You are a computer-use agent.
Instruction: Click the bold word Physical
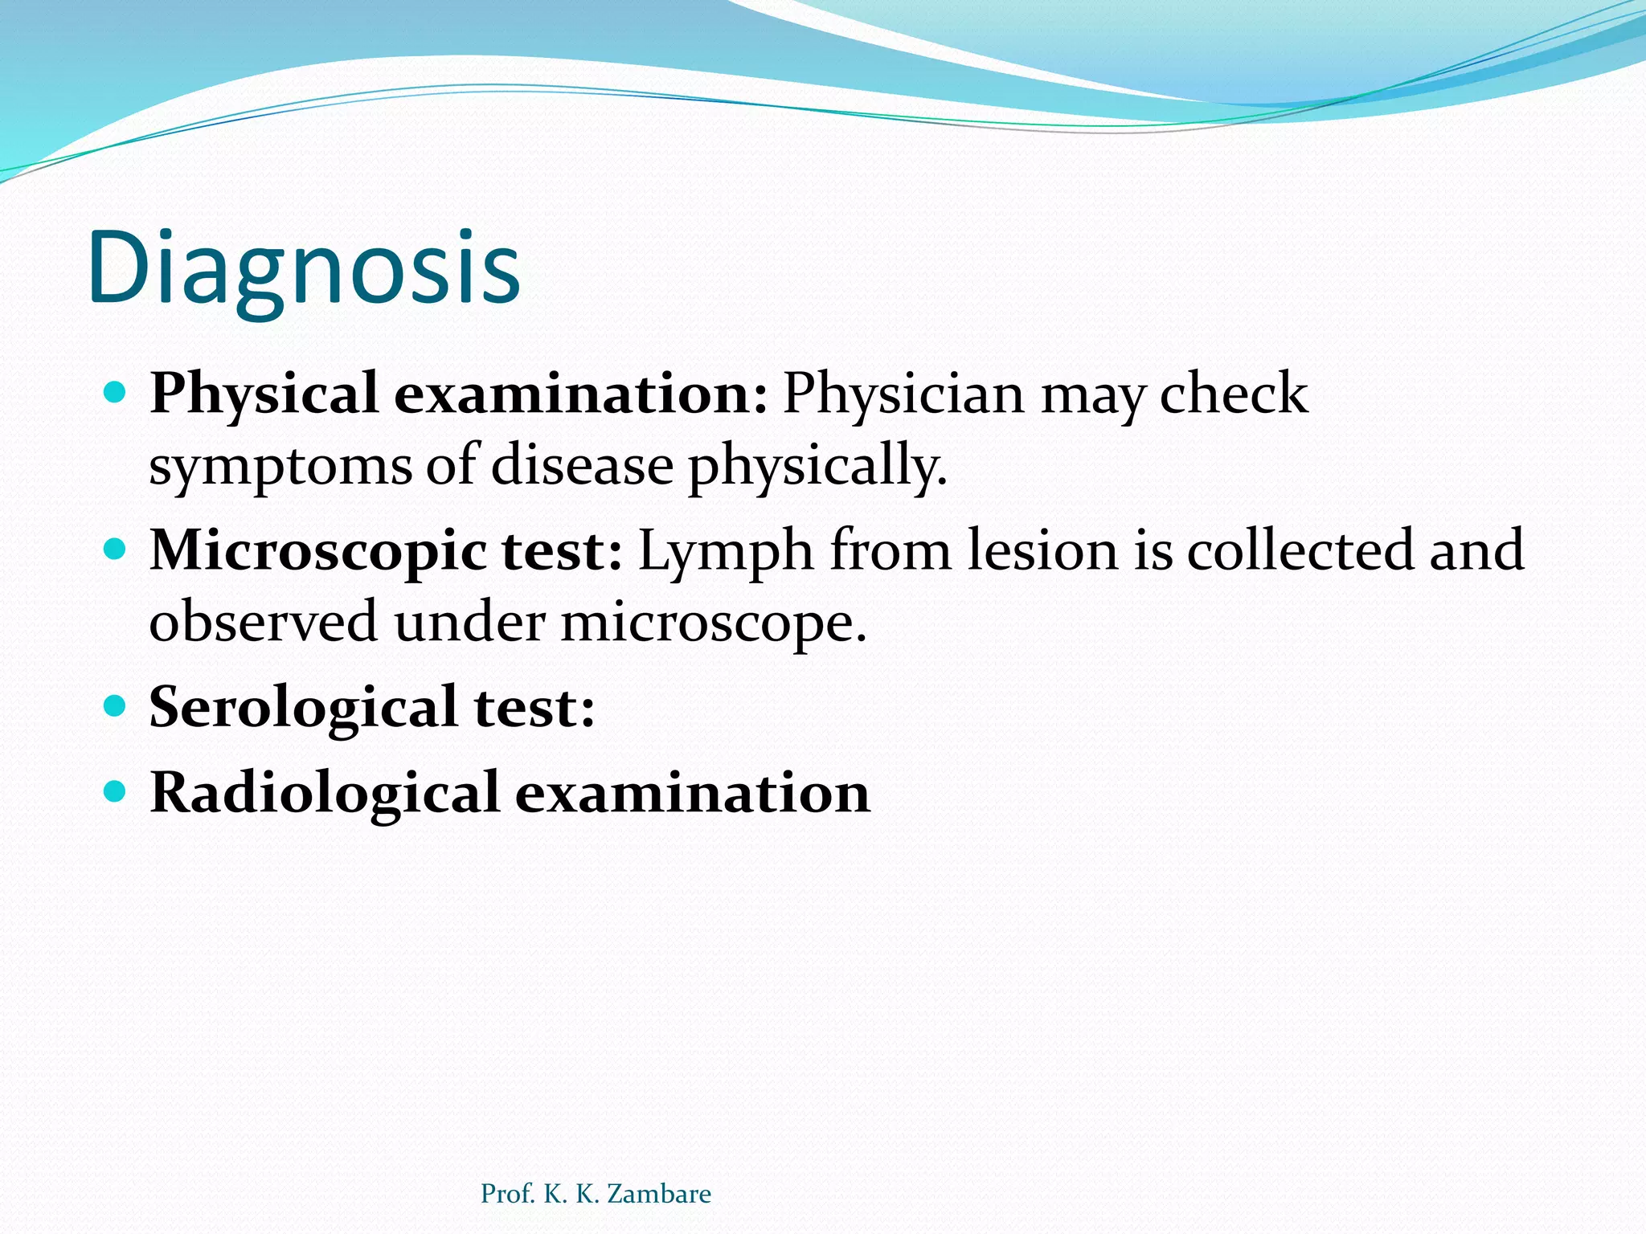pos(264,394)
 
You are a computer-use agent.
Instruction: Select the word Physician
pos(903,394)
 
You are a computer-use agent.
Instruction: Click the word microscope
pos(714,623)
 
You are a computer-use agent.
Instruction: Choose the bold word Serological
pos(304,708)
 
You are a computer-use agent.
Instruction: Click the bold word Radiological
pos(326,794)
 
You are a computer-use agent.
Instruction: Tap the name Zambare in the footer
pos(659,1194)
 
